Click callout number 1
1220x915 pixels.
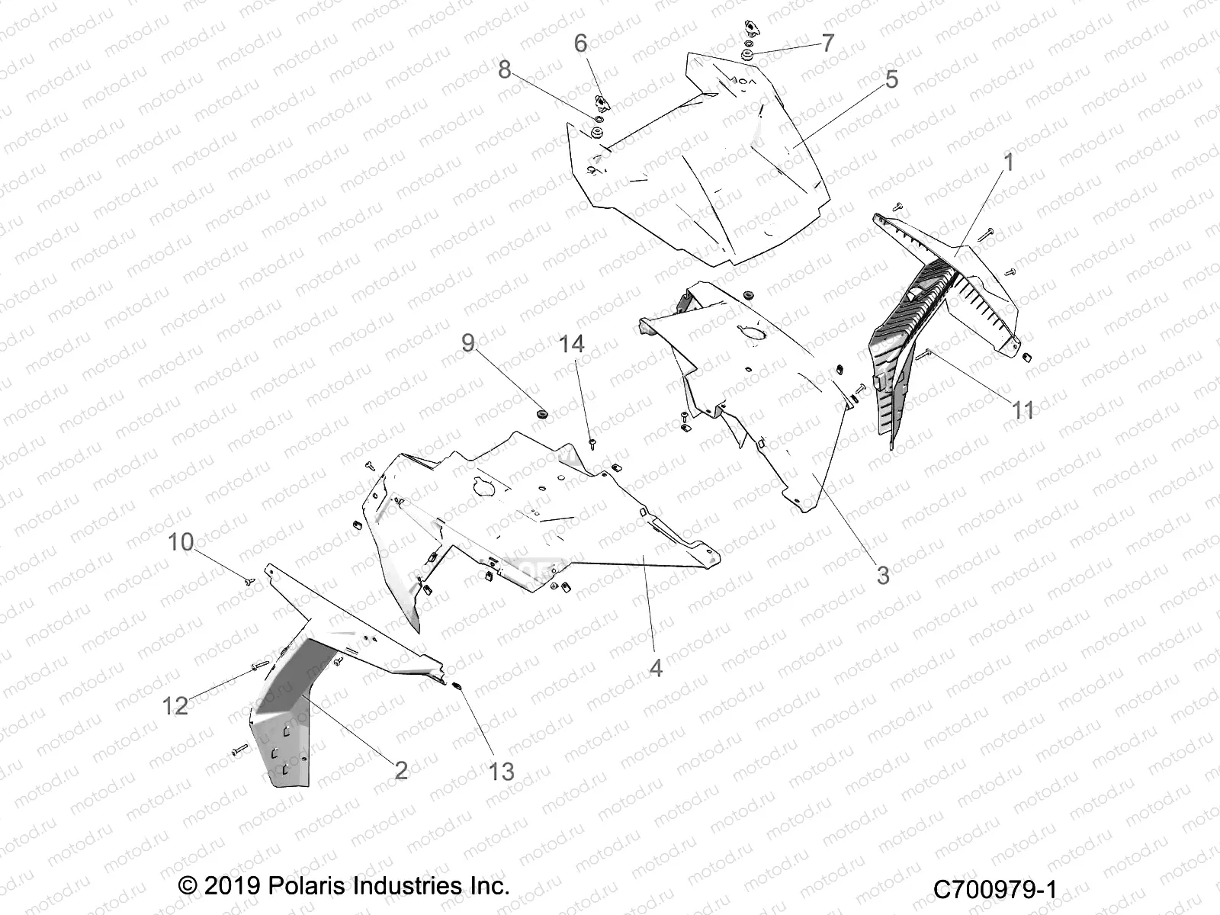coord(1008,162)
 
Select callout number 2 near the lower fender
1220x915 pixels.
coord(401,770)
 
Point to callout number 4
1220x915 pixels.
coord(656,668)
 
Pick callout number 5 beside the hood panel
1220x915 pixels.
coord(891,79)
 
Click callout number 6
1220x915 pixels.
coord(580,43)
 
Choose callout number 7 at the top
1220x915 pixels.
coord(827,43)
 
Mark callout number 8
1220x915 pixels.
coord(504,69)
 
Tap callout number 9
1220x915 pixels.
coord(468,343)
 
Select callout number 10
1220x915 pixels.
coord(181,542)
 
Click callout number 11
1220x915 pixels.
coord(1023,410)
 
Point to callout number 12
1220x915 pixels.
coord(175,705)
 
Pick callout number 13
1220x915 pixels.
coord(502,772)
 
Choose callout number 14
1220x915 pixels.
coord(571,345)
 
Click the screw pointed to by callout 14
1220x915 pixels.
coord(592,441)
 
